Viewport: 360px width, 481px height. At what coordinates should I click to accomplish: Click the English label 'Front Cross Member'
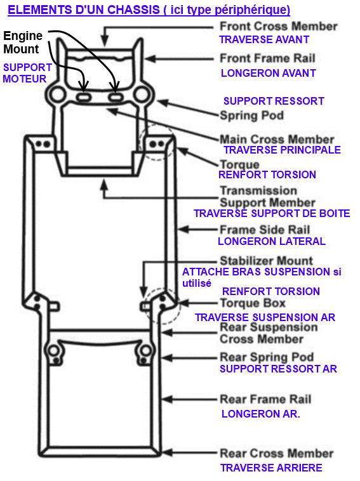[x=278, y=27]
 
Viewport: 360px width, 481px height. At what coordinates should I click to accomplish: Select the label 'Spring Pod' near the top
[x=251, y=115]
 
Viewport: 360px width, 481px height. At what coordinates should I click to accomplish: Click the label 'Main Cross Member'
[x=276, y=139]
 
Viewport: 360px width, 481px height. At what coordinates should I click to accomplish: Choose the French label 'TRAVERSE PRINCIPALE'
[x=282, y=150]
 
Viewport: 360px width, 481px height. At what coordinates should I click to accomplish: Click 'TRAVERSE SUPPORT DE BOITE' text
[x=272, y=214]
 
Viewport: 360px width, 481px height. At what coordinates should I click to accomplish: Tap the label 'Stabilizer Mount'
[x=266, y=261]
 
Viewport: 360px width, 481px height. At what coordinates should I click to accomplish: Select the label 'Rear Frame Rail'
[x=265, y=399]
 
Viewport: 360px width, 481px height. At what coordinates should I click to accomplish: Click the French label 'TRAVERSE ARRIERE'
[x=271, y=468]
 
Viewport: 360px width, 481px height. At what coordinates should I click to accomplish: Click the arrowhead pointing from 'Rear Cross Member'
[x=167, y=453]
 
